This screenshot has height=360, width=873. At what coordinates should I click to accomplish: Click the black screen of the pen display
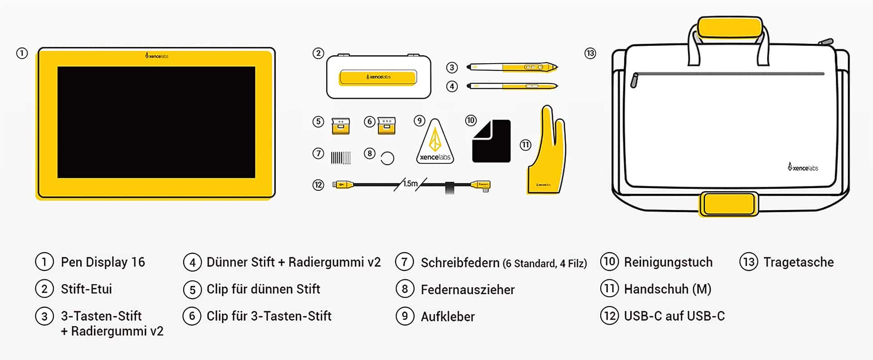pyautogui.click(x=156, y=122)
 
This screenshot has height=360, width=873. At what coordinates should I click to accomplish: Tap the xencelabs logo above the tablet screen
pyautogui.click(x=157, y=56)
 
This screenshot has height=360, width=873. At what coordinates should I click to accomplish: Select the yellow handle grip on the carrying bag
pyautogui.click(x=730, y=27)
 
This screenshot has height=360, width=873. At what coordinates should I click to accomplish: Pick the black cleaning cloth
pyautogui.click(x=492, y=141)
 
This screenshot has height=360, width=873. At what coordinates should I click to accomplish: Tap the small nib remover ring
pyautogui.click(x=387, y=158)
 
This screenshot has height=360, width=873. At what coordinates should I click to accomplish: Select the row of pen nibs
pyautogui.click(x=341, y=158)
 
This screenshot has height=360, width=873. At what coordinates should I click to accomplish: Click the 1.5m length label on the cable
pyautogui.click(x=410, y=184)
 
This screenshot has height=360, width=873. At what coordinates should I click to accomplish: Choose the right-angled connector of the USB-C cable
pyautogui.click(x=482, y=185)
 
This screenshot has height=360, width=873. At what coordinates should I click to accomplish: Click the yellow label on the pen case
pyautogui.click(x=378, y=77)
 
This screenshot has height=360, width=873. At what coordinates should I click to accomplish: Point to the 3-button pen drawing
pyautogui.click(x=512, y=67)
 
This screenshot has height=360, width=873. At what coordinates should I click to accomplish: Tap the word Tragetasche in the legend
pyautogui.click(x=798, y=262)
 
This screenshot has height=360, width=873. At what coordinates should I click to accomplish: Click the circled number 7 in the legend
pyautogui.click(x=404, y=262)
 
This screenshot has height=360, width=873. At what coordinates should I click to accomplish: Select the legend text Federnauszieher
pyautogui.click(x=467, y=290)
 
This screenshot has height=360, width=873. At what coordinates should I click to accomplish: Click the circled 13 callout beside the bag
pyautogui.click(x=590, y=53)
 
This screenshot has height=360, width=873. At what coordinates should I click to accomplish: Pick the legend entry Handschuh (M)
pyautogui.click(x=667, y=289)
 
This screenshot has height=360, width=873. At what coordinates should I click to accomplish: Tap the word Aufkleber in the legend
pyautogui.click(x=447, y=316)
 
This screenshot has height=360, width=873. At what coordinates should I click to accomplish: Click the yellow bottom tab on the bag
pyautogui.click(x=729, y=204)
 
